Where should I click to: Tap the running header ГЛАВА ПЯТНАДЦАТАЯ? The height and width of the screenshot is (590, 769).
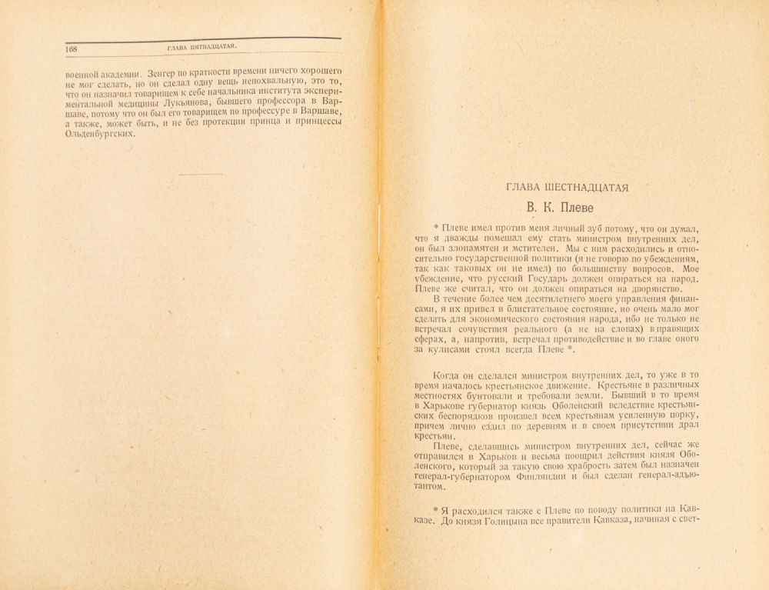point(201,48)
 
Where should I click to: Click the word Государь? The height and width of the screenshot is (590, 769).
point(544,279)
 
